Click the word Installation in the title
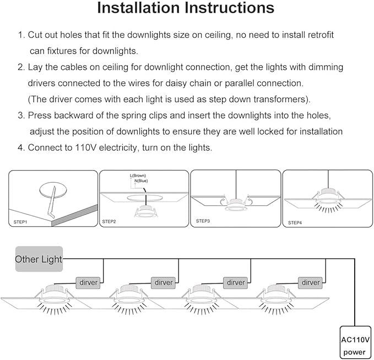pos(138,8)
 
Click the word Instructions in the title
pos(230,8)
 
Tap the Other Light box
pos(39,259)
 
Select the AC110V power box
pos(355,342)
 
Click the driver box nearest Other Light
pos(88,283)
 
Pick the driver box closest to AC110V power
pos(310,283)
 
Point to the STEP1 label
pos(20,222)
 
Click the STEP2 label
pos(109,221)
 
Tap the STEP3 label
pos(203,221)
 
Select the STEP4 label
pos(295,223)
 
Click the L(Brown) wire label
pos(138,176)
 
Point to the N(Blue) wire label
pos(141,181)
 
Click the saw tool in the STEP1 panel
pos(52,203)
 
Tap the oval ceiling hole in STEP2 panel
pos(145,198)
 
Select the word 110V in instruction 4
pos(85,148)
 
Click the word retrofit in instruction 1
pos(321,35)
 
